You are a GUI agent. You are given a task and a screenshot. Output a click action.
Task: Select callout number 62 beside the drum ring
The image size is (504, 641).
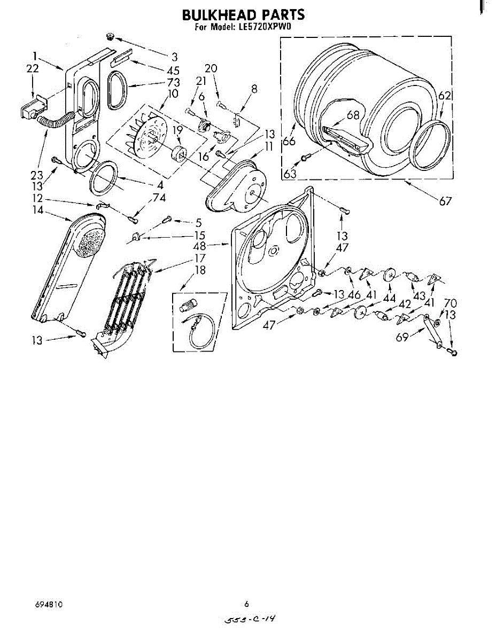pos(445,96)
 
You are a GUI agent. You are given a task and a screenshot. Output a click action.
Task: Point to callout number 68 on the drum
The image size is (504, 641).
pos(353,115)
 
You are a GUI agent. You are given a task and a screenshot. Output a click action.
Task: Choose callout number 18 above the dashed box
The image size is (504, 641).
pos(200,270)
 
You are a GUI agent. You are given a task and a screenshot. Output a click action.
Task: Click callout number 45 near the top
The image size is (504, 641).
pos(173,70)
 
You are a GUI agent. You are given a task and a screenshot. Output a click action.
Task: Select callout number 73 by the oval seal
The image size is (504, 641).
pos(173,82)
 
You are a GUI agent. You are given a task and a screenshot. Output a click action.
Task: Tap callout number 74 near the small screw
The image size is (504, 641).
pos(159,197)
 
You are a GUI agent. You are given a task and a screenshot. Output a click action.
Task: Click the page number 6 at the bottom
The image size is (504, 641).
pos(246,604)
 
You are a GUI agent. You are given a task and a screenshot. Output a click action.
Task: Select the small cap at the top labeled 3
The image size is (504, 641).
pos(111,36)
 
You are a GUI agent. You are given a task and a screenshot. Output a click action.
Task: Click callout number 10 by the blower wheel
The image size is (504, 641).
pos(172,94)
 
